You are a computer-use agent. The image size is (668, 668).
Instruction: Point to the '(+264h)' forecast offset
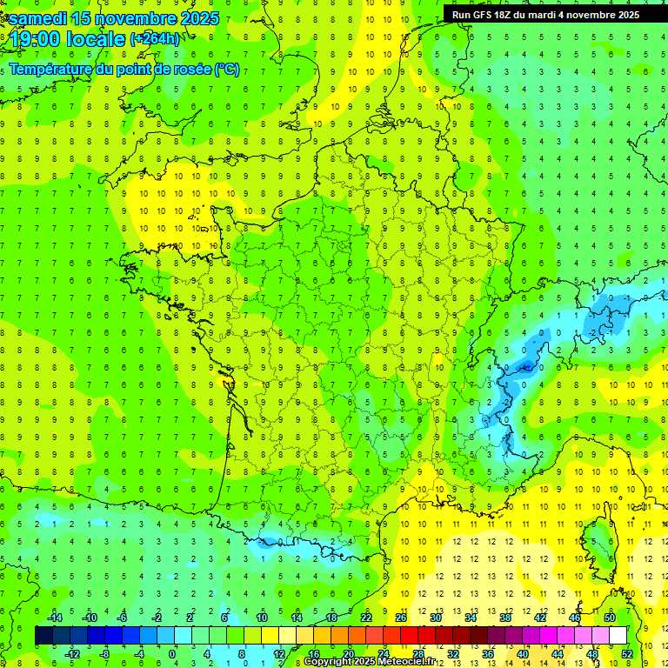[155, 39]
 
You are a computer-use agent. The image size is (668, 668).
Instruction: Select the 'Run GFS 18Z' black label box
[545, 14]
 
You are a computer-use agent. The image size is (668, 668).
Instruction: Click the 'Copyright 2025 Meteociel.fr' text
[370, 662]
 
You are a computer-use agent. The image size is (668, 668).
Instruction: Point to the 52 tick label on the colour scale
[627, 654]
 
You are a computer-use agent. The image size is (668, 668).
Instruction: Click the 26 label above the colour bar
[401, 618]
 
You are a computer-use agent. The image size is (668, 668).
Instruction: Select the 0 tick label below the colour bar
[172, 654]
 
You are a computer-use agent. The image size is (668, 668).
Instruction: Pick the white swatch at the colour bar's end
[618, 636]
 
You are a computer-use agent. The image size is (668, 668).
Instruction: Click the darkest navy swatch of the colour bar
[43, 636]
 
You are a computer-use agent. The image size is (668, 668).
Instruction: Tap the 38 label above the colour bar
[505, 618]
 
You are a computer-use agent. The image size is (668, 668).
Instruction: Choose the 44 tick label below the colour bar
[558, 654]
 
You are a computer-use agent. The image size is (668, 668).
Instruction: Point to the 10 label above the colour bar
[261, 618]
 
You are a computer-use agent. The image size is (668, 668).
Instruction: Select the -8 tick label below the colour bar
[104, 654]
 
